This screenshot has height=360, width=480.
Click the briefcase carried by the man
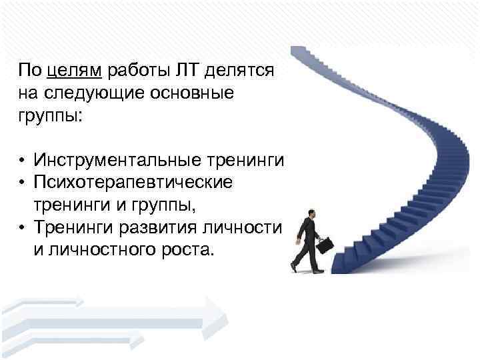324,245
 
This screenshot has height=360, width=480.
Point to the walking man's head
311,213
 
